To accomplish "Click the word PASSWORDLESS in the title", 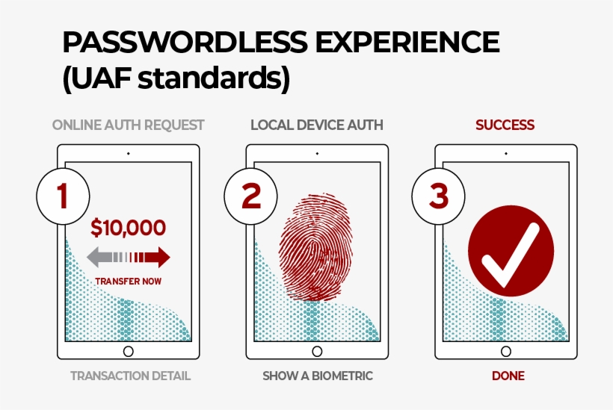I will coord(185,43).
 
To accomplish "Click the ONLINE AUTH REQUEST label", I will coord(129,125).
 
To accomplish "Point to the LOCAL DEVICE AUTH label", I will coord(317,125).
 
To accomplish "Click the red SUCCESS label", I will coord(505,125).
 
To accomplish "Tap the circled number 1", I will coord(62,196).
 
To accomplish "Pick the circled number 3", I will coord(439,196).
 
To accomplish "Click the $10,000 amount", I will coord(129,228).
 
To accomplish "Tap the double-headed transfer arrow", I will coord(129,258).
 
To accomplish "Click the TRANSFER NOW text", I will coord(129,282).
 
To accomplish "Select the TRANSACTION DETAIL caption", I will coord(131,376).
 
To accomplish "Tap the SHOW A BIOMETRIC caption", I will coord(317,376).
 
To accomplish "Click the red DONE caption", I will coord(508,376).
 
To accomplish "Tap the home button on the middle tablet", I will coord(317,351).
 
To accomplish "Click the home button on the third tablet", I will coord(505,351).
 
